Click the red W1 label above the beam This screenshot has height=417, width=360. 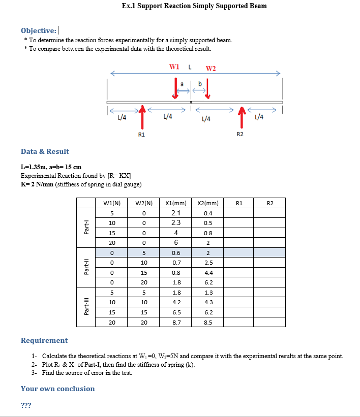coord(174,67)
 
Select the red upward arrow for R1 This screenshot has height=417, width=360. coord(143,116)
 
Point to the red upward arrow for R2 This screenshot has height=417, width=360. coord(242,116)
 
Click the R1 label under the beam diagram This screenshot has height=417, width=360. coord(141,135)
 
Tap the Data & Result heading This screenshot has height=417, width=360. coord(45,151)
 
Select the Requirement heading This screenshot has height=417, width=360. coord(44,340)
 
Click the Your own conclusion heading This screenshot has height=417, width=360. coord(57,389)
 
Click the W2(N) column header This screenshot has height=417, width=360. coord(144,203)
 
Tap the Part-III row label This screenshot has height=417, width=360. coord(86,307)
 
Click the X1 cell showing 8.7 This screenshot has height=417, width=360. coord(176,322)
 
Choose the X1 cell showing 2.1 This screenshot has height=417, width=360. coord(176,213)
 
